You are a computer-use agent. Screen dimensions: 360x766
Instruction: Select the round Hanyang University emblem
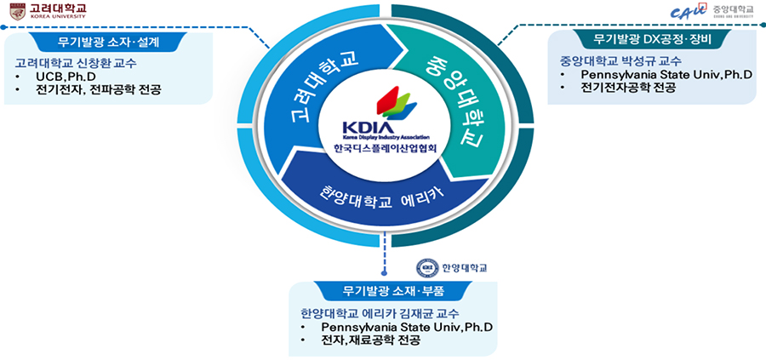[x=425, y=266]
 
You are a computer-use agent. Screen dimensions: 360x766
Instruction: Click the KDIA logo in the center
[x=382, y=115]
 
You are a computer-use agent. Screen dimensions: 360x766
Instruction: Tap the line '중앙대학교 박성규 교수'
[x=620, y=61]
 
